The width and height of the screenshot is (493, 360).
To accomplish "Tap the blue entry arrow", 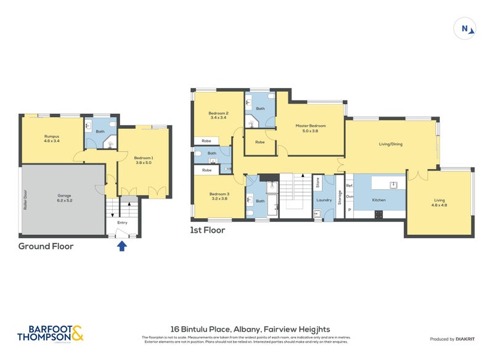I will [x=122, y=246].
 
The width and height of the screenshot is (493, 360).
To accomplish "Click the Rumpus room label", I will [x=51, y=138].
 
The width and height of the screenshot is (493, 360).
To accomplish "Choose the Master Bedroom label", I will [x=310, y=128].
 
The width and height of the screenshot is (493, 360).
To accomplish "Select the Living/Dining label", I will [x=390, y=144].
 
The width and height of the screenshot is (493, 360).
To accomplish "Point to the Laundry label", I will [x=324, y=200].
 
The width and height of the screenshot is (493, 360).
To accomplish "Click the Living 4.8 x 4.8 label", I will [x=439, y=202].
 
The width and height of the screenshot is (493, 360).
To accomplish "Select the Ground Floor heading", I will [x=46, y=246].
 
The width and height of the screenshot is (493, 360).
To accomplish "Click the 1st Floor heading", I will [x=208, y=231].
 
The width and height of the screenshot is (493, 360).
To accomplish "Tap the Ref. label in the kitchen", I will [x=349, y=186].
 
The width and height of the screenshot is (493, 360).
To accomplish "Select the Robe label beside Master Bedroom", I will [x=259, y=142].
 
